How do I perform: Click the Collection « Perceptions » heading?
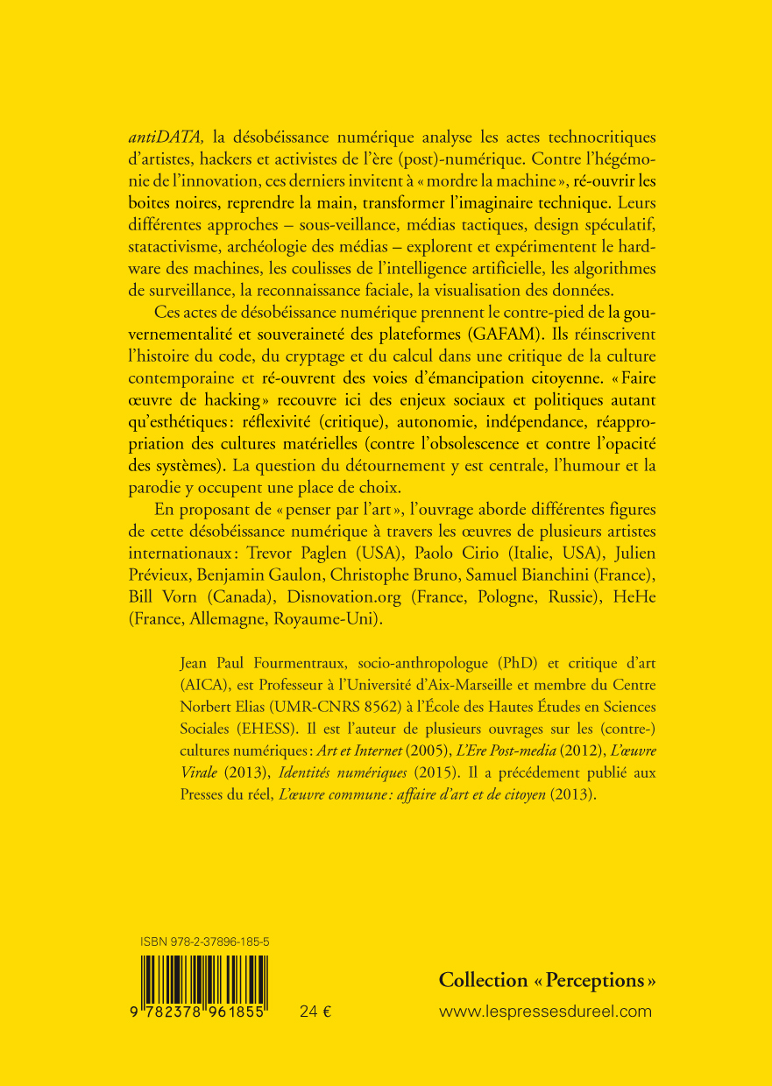(x=547, y=980)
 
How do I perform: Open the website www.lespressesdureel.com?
(x=545, y=1012)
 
